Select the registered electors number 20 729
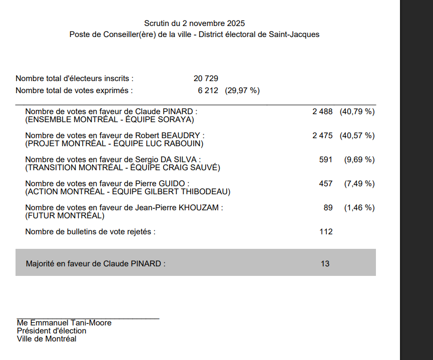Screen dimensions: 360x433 coord(206,79)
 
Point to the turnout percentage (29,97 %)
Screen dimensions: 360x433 coord(242,91)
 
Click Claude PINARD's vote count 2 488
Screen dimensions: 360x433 coord(322,112)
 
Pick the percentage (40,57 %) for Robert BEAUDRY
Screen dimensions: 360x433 coord(357,136)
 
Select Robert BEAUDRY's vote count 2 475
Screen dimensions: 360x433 coord(322,136)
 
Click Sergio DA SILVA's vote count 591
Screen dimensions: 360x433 coord(325,160)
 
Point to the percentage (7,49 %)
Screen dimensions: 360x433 coord(359,184)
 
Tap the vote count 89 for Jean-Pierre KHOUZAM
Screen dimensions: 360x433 coord(328,208)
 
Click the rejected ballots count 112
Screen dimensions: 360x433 coord(326,232)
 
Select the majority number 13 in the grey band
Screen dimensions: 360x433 coord(325,263)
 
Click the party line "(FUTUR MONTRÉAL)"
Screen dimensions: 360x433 coord(65,216)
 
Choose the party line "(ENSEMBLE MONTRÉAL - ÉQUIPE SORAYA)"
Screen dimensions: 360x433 coord(110,120)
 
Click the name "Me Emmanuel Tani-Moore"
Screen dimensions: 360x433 coord(64,323)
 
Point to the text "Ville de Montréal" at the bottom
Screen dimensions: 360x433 coord(47,339)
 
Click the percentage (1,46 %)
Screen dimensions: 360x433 coord(359,208)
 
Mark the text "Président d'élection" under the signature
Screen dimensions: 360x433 coord(52,331)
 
